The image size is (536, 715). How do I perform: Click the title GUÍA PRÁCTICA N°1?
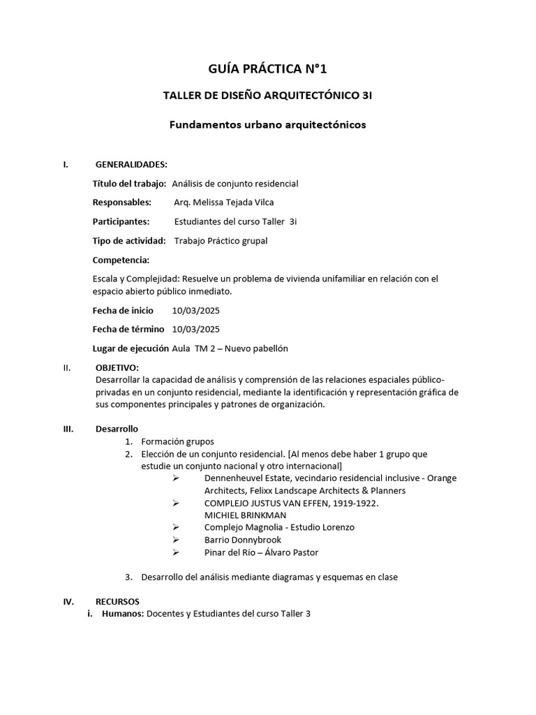click(267, 68)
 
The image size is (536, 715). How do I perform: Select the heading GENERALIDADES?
click(131, 164)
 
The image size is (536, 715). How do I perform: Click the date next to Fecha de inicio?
click(196, 310)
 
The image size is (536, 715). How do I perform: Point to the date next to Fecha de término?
click(196, 329)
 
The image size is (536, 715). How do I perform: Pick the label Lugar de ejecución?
click(131, 348)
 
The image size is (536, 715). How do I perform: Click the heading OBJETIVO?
click(117, 367)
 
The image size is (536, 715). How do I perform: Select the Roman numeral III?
click(68, 428)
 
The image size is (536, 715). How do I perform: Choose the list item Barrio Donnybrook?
click(242, 540)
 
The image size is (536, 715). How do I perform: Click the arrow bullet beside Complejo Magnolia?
click(176, 528)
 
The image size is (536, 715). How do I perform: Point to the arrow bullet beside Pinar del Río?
click(176, 553)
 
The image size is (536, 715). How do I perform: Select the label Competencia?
click(121, 260)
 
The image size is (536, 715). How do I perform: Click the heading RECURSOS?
click(117, 601)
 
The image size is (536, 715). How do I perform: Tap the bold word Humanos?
click(123, 614)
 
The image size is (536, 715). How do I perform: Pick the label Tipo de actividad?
click(129, 241)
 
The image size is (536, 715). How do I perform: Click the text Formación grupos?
click(177, 441)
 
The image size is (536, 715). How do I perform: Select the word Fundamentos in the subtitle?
click(202, 125)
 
